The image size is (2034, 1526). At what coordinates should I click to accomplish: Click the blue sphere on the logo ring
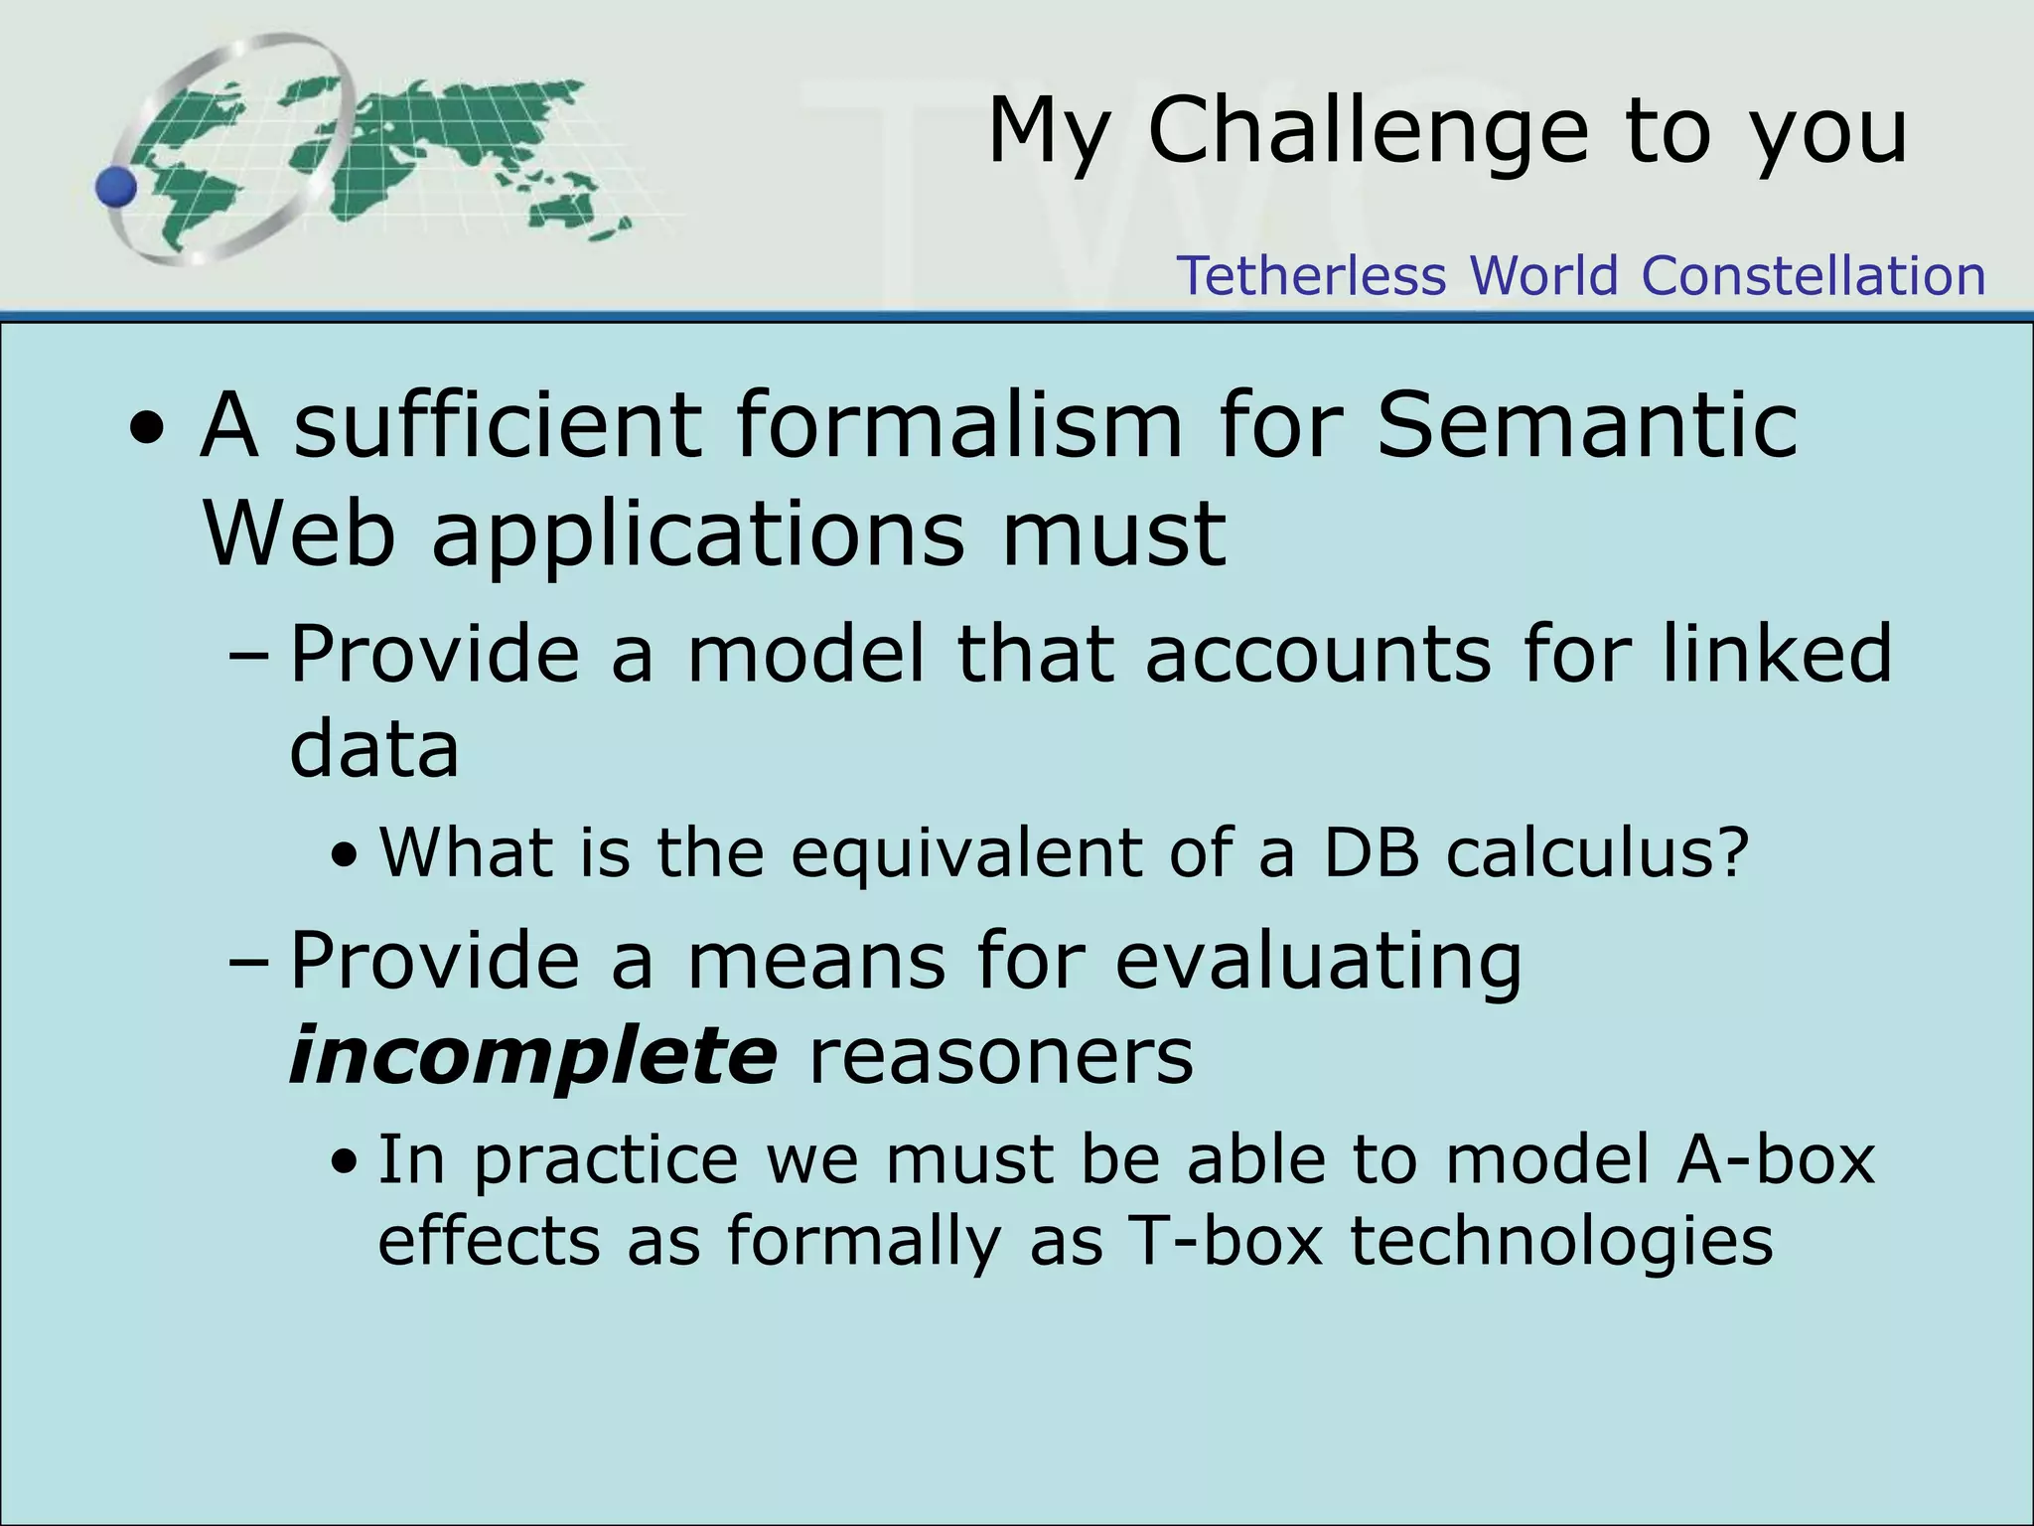[x=117, y=187]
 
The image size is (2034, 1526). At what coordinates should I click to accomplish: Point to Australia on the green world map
[x=564, y=208]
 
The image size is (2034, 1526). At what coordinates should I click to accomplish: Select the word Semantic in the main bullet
[x=1587, y=425]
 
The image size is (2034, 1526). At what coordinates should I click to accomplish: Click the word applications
[x=697, y=535]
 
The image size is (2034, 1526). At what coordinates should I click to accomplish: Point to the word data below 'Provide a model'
[x=373, y=748]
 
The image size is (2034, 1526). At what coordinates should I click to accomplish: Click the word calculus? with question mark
[x=1597, y=852]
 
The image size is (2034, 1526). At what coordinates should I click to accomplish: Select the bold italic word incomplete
[x=532, y=1055]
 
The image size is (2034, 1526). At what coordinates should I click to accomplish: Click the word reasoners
[x=1001, y=1055]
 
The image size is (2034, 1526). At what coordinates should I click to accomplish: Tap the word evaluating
[x=1318, y=962]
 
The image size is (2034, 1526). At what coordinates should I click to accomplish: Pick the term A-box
[x=1775, y=1159]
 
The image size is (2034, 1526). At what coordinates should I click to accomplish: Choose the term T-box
[x=1227, y=1241]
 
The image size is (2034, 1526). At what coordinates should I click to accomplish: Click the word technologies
[x=1561, y=1243]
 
